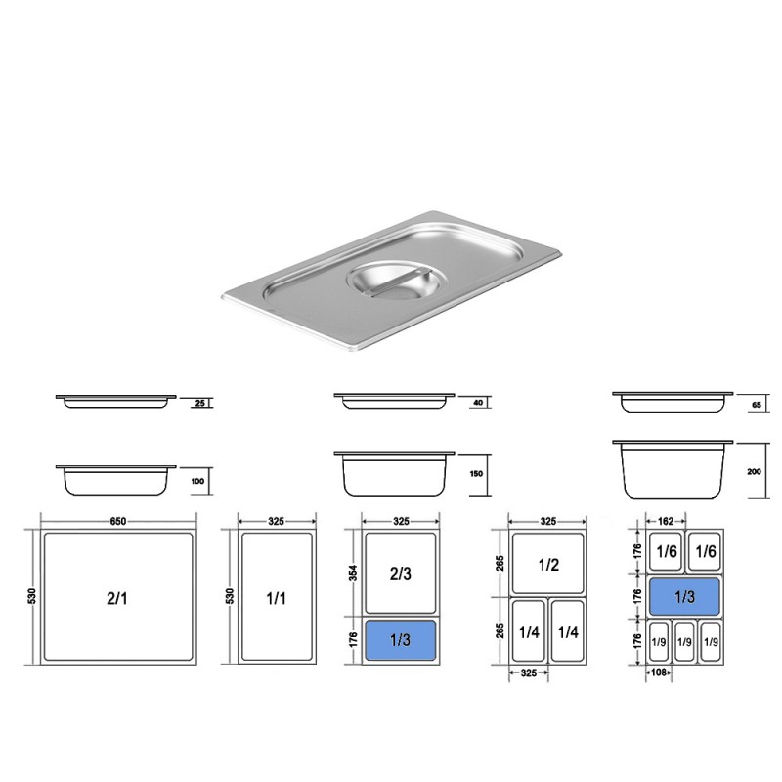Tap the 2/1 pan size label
pyautogui.click(x=116, y=598)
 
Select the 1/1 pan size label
pyautogui.click(x=276, y=598)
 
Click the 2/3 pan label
pyautogui.click(x=401, y=574)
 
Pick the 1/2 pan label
pyautogui.click(x=548, y=565)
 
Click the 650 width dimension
pyautogui.click(x=117, y=522)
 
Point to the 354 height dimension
pyautogui.click(x=353, y=573)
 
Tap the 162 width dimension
pyautogui.click(x=666, y=522)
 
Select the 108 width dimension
pyautogui.click(x=658, y=673)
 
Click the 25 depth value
pyautogui.click(x=200, y=403)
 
